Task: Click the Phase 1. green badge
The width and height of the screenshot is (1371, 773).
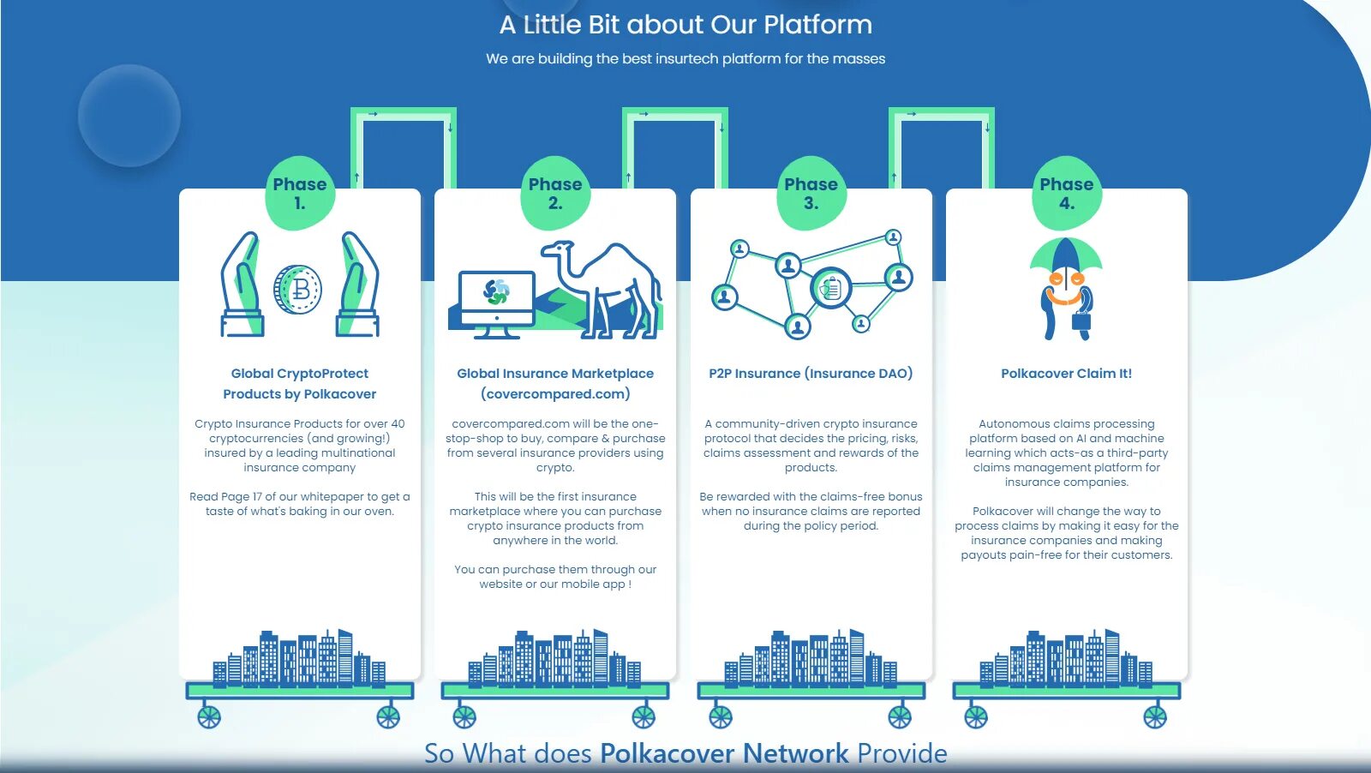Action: click(299, 194)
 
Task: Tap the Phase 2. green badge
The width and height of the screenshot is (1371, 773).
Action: click(555, 194)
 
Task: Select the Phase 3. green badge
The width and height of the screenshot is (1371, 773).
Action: click(811, 194)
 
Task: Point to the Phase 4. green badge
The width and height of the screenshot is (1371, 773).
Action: click(1066, 194)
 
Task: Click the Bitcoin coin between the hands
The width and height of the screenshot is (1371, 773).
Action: click(298, 289)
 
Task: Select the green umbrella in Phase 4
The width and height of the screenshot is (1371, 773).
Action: click(1066, 256)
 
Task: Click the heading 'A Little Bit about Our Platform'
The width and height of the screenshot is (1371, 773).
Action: click(685, 25)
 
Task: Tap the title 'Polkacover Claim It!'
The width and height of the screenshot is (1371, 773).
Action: click(1066, 374)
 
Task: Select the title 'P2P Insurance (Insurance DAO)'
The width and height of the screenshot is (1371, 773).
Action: click(811, 374)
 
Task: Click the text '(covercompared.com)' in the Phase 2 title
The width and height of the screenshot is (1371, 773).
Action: click(555, 394)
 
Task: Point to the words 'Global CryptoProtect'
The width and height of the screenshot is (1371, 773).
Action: click(299, 374)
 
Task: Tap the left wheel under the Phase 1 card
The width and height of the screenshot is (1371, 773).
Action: click(209, 716)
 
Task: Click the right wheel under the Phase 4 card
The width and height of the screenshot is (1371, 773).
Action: click(1154, 716)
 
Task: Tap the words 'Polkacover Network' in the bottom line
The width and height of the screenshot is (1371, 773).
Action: click(724, 753)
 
